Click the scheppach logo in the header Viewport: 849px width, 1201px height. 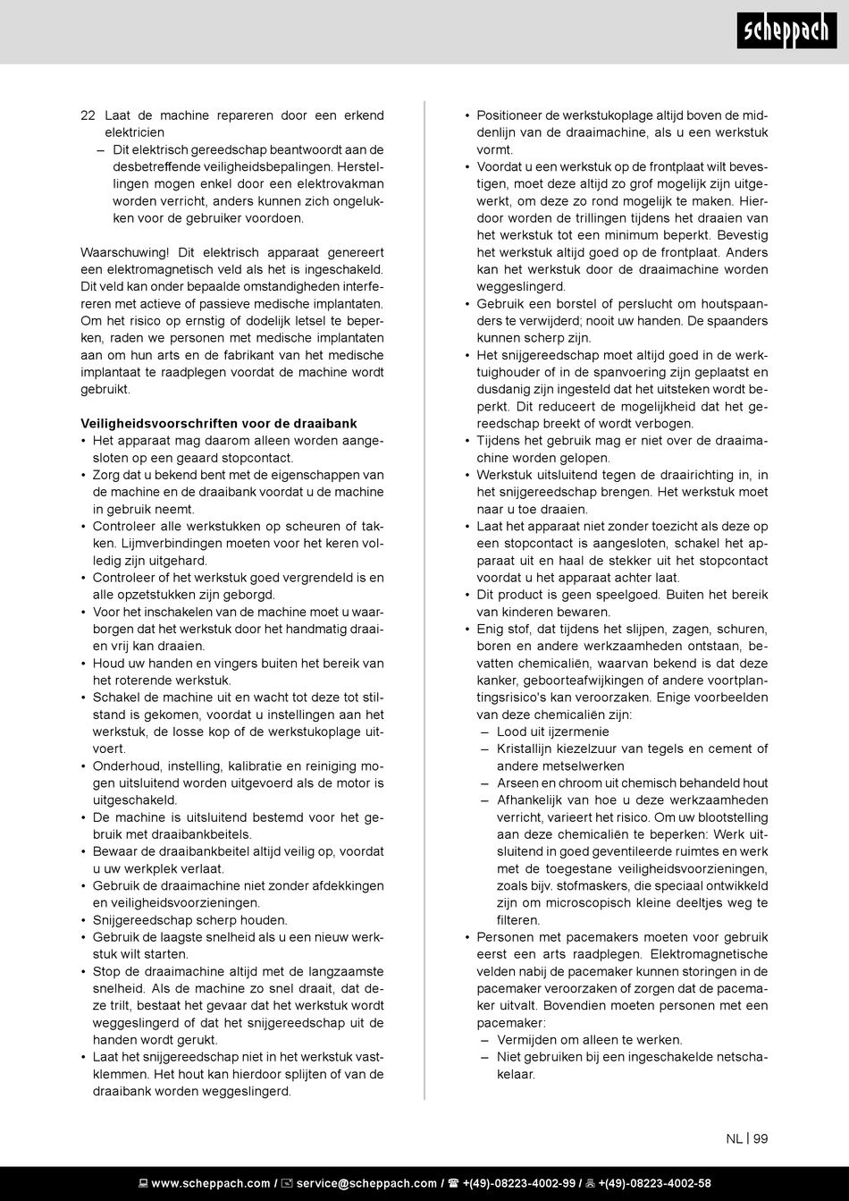786,31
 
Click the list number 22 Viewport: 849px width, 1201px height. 88,115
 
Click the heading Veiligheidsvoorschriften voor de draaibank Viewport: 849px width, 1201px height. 219,423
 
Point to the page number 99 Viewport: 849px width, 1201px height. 761,1138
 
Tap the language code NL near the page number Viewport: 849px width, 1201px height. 734,1138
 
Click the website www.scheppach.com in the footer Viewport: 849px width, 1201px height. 211,1183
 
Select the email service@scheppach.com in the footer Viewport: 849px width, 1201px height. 366,1183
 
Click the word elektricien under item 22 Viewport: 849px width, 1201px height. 135,132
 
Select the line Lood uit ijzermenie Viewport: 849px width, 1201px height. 552,732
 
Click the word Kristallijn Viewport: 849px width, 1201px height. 528,749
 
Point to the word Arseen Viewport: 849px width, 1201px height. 518,782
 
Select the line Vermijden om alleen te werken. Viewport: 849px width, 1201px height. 589,1039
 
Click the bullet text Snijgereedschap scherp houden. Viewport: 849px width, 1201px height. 189,920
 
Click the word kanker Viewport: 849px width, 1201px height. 497,681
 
